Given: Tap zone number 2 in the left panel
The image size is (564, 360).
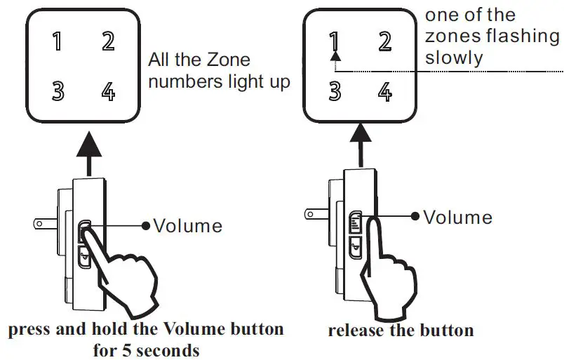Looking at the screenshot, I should point(107,41).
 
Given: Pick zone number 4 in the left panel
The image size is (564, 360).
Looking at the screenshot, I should point(107,91).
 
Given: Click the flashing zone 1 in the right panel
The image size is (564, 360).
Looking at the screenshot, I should point(335,42).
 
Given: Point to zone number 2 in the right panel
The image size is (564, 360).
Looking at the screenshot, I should point(384,41).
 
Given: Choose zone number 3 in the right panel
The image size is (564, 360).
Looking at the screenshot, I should point(335,91).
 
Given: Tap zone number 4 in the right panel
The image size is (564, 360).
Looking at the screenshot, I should point(384,91).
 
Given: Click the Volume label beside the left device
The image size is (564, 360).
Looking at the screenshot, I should point(187,225).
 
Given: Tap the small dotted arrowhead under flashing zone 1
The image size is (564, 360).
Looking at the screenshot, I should point(335,59).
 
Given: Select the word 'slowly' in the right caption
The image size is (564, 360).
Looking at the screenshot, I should point(454,58).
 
